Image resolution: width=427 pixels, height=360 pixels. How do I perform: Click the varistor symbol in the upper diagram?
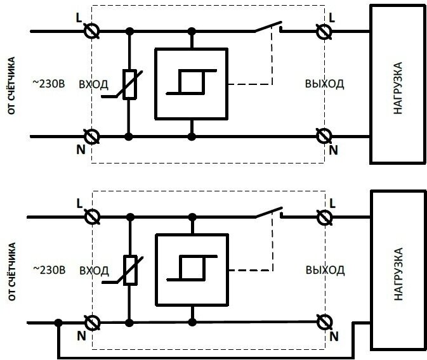[130, 85]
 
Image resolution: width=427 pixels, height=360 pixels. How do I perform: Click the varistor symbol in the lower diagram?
[130, 269]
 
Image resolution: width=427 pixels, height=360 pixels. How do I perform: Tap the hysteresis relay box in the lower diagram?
[191, 269]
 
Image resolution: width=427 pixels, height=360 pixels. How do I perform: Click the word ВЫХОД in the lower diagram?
[324, 270]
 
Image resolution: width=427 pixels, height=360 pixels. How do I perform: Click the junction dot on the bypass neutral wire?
[58, 323]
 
